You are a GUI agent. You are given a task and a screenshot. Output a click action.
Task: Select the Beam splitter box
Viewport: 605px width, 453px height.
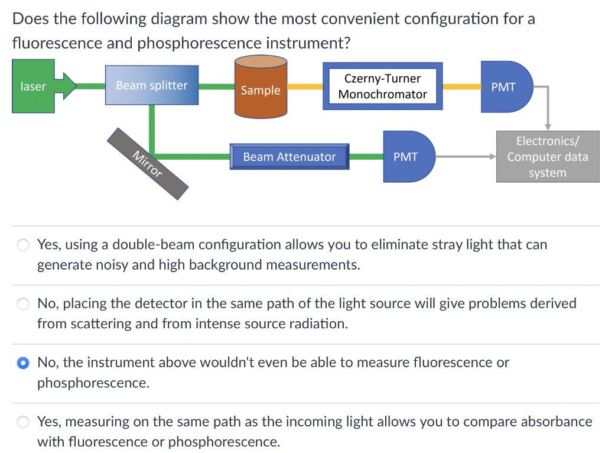pos(152,85)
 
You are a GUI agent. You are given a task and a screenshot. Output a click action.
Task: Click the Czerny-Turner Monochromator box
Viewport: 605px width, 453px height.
pos(382,86)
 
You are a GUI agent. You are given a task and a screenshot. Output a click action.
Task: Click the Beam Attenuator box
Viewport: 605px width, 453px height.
pos(289,157)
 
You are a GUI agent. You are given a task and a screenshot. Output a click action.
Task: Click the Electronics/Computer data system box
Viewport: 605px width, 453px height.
pos(547,157)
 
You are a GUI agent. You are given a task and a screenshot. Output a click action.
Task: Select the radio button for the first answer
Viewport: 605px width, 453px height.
pos(22,245)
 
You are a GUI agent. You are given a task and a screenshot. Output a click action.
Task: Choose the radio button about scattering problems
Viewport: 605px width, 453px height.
pos(22,304)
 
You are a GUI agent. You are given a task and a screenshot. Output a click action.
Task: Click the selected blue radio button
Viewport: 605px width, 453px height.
pos(22,363)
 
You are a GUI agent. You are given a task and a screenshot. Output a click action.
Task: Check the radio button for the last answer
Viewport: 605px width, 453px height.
pos(22,422)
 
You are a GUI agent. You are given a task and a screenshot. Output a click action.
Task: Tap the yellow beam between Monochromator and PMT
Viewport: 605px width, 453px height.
pos(461,86)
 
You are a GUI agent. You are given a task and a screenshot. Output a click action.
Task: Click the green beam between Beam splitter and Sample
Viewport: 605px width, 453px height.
pos(216,86)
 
